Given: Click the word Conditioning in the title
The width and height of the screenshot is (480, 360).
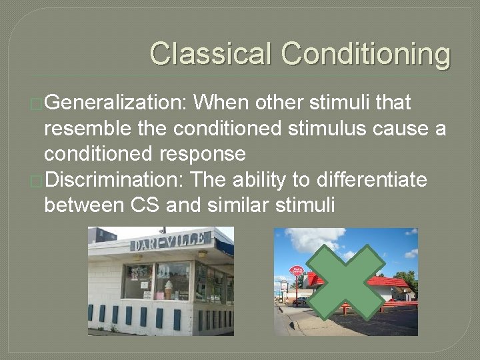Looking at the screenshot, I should (x=365, y=53).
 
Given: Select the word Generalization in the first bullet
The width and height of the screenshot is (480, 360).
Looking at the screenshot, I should (x=117, y=103).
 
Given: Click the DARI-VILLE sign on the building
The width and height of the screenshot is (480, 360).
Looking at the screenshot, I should (x=171, y=242).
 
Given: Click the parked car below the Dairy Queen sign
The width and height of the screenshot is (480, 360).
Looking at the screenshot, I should (x=300, y=301).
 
